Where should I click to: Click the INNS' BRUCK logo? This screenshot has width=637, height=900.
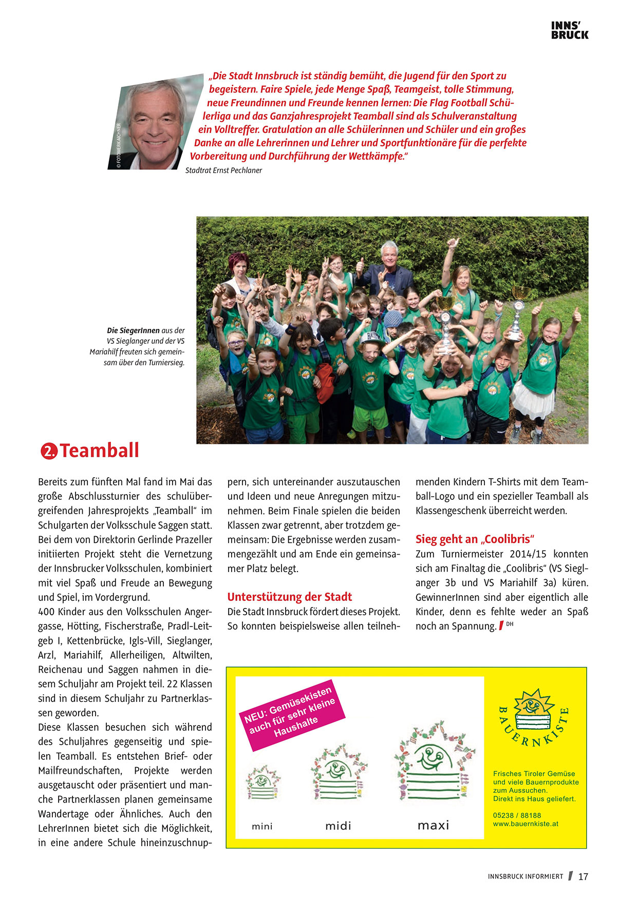point(570,30)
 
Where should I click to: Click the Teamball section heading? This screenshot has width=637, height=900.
point(99,451)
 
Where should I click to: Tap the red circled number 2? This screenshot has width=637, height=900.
point(49,451)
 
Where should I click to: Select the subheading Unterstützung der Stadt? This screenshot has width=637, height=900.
point(289,597)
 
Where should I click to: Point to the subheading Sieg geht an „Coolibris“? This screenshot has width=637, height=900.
point(475,539)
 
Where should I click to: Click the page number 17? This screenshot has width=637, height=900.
point(583,876)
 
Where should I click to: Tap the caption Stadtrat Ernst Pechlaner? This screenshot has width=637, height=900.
point(223,170)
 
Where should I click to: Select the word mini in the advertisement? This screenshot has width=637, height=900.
point(262,826)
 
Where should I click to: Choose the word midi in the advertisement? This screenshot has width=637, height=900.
point(338,826)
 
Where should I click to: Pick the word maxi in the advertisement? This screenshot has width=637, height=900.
point(433,825)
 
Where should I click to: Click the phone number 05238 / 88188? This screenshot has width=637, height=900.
point(517,815)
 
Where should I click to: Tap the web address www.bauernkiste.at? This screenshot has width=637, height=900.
point(526,824)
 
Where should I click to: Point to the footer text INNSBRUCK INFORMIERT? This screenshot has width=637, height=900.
point(526,876)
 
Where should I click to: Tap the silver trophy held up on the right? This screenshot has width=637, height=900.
point(517,313)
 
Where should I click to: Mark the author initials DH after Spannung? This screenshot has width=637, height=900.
point(510,624)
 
